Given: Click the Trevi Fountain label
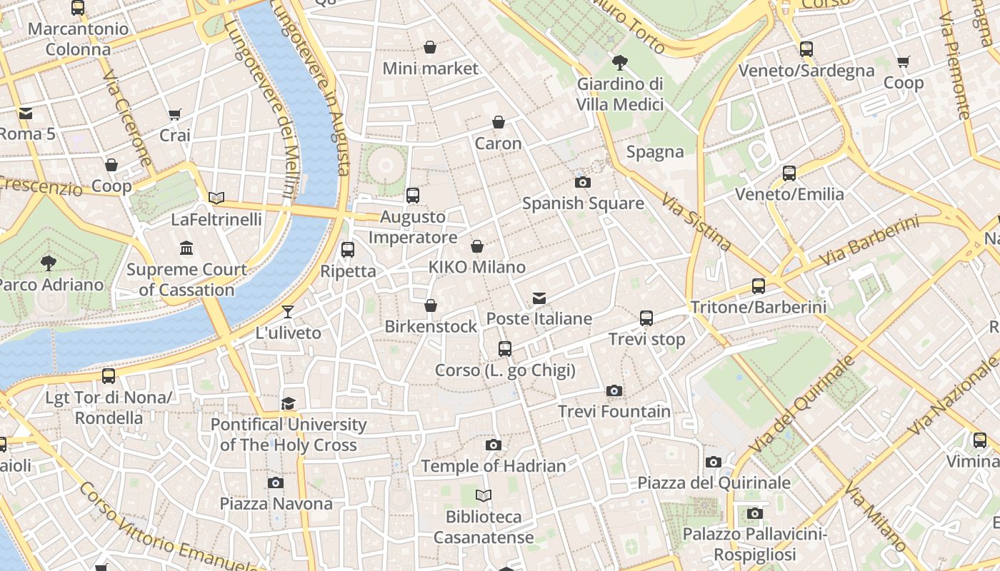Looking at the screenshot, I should point(614,412).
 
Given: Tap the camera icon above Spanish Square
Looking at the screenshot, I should point(582,183).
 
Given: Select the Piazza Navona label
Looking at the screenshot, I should point(276,504).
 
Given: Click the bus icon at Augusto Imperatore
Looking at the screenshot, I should point(412,195).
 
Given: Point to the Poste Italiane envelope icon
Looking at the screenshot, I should point(539,298).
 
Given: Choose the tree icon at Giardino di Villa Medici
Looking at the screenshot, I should point(619,62).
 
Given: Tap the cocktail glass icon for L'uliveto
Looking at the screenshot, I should point(287,311).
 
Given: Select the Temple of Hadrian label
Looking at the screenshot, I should point(493,466).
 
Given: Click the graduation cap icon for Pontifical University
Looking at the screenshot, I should point(288,404).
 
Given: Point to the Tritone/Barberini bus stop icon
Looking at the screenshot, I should point(758,286).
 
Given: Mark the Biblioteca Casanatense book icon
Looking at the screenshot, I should point(484,495).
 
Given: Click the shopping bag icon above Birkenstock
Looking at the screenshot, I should point(430,305).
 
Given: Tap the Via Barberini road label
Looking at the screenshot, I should point(869,243).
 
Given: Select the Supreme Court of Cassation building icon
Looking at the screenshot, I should point(186,248).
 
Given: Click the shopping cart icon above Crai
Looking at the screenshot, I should point(174,114).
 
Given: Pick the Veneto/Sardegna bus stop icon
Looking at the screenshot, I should point(806,49).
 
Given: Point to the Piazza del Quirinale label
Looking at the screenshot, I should point(714,483).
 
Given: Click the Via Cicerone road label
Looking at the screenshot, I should point(127,118).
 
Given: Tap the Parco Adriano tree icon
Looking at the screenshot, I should point(48,263).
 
